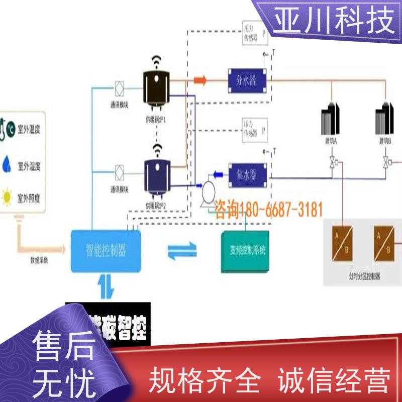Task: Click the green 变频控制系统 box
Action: click(x=246, y=251)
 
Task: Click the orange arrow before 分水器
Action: click(x=200, y=79)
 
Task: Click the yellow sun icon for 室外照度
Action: click(x=8, y=196)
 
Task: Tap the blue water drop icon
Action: click(x=7, y=163)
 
